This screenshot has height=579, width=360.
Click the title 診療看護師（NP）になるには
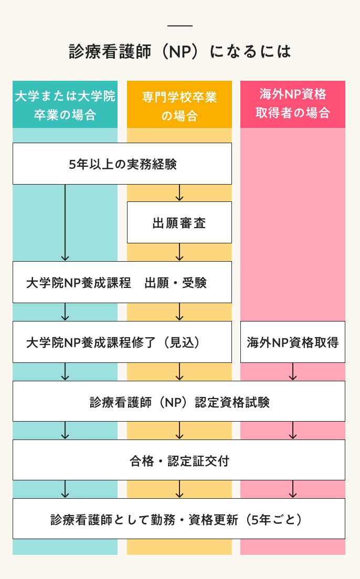pyautogui.click(x=179, y=51)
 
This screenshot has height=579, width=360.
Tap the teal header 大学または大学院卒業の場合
pyautogui.click(x=65, y=105)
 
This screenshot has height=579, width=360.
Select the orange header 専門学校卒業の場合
pyautogui.click(x=179, y=105)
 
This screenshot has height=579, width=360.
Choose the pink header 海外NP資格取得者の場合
pyautogui.click(x=293, y=104)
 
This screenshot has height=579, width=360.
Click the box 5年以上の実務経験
pyautogui.click(x=122, y=164)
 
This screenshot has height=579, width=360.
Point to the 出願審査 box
pyautogui.click(x=179, y=223)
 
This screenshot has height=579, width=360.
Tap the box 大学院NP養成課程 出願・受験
pyautogui.click(x=122, y=283)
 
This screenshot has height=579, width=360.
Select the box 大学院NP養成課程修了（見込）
pyautogui.click(x=122, y=342)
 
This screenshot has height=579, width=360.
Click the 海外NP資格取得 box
pyautogui.click(x=293, y=342)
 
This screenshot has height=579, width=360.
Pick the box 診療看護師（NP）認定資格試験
pyautogui.click(x=179, y=402)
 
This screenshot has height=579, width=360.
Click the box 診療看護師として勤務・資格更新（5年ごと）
pyautogui.click(x=179, y=519)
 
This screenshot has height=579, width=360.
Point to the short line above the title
pyautogui.click(x=179, y=26)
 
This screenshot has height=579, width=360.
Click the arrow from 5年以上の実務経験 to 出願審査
pyautogui.click(x=179, y=193)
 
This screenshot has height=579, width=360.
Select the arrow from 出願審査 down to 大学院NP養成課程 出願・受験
pyautogui.click(x=179, y=252)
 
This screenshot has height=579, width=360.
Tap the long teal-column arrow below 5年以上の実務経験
pyautogui.click(x=65, y=222)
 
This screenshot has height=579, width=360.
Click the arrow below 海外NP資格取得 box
pyautogui.click(x=293, y=371)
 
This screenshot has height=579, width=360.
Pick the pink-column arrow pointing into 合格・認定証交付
pyautogui.click(x=293, y=430)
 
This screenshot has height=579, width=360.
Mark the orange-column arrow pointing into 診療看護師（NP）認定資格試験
pyautogui.click(x=179, y=371)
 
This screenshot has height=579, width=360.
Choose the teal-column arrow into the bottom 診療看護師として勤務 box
pyautogui.click(x=65, y=489)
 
